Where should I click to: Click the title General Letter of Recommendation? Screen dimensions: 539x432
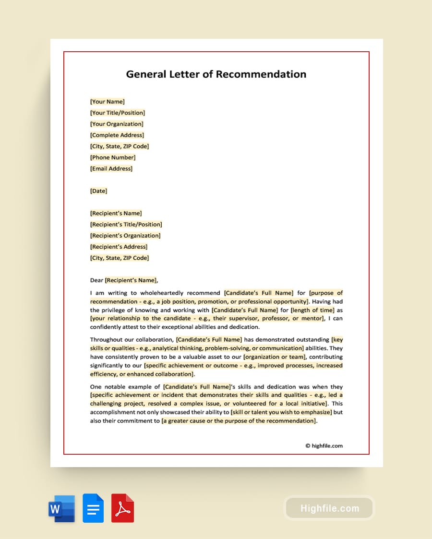(216, 74)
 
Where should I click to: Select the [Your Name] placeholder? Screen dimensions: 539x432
(107, 102)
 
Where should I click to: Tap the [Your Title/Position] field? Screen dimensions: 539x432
(118, 113)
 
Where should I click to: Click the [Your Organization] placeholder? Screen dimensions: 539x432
(117, 124)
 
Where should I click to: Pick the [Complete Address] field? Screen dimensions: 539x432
(117, 135)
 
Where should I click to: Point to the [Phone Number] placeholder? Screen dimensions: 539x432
(113, 157)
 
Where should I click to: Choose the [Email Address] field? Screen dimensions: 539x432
(111, 169)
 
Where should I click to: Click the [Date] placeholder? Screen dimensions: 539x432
(98, 191)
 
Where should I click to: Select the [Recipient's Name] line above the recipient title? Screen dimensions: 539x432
(116, 213)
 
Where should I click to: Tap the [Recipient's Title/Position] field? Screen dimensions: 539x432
(126, 224)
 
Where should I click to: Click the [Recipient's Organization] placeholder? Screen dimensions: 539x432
(125, 236)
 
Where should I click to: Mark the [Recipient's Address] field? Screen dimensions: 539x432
(119, 247)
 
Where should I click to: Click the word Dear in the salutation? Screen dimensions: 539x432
(96, 280)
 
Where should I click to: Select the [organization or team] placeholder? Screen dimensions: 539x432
(275, 357)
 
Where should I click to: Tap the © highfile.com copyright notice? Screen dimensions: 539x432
(324, 446)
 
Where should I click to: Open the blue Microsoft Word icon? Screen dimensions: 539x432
(61, 508)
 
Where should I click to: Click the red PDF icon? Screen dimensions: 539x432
(122, 508)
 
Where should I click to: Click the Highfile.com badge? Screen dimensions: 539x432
(329, 508)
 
